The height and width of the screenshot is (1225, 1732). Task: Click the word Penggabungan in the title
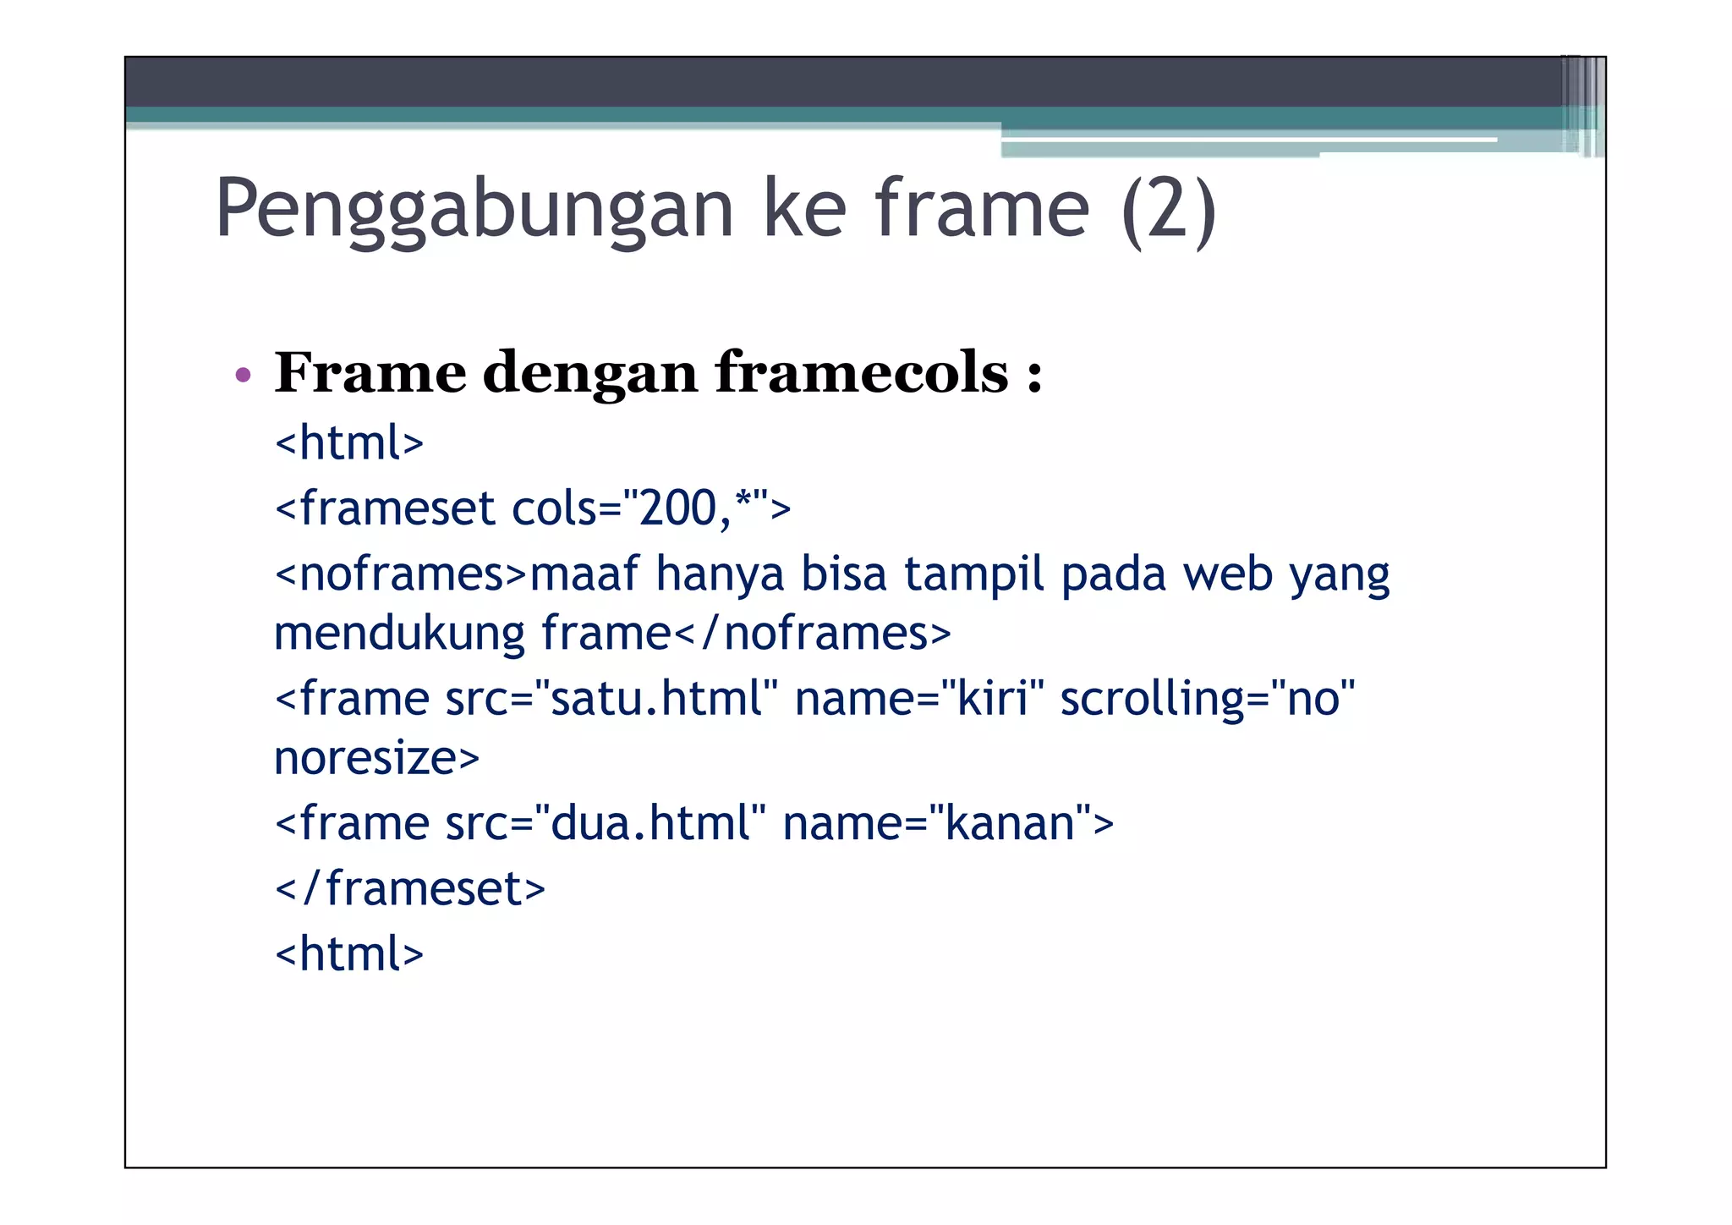(474, 210)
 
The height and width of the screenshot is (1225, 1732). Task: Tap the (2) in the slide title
(1169, 210)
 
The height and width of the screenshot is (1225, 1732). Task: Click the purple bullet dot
(244, 375)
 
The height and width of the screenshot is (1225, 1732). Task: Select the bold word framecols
(862, 372)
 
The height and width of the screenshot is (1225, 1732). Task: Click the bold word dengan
(590, 374)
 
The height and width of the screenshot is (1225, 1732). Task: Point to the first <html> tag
(349, 442)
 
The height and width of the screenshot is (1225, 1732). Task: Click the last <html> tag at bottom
(349, 953)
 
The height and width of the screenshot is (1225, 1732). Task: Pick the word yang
(1339, 575)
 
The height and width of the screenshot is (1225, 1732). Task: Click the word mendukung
(399, 633)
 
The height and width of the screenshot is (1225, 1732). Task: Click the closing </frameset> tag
(410, 888)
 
